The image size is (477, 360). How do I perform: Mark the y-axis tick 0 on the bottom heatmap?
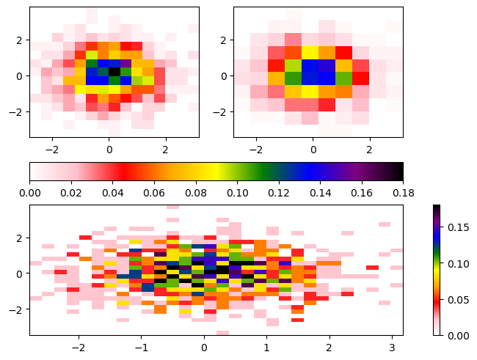click(x=21, y=273)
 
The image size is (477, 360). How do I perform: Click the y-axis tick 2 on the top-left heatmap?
click(x=21, y=40)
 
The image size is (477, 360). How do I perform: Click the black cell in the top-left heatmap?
click(x=114, y=72)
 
